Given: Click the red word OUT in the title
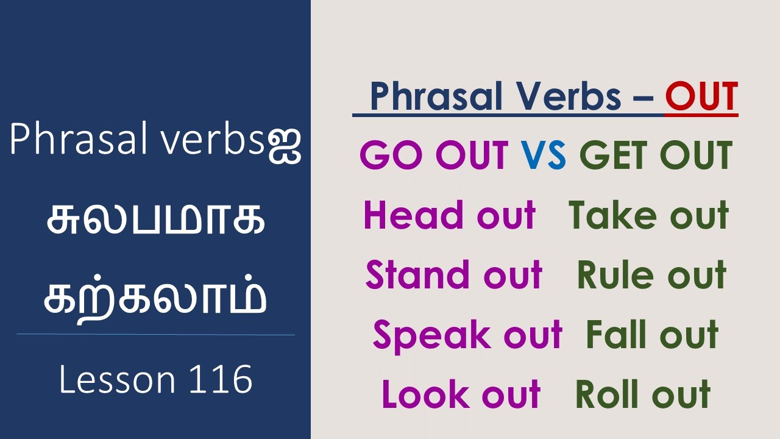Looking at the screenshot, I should point(701,97).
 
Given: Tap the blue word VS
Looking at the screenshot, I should point(544,155).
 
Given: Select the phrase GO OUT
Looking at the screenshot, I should point(434,155).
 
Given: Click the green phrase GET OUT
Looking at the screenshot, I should point(655,155).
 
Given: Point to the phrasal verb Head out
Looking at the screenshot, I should point(449,215).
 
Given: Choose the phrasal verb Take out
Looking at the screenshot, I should point(648,215).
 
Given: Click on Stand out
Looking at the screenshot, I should point(453,275).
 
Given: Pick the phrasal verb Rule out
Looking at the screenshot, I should point(651,275).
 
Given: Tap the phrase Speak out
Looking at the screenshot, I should point(467,335).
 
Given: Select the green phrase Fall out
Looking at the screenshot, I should point(652,335).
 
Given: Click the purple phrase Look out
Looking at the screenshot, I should point(461,394).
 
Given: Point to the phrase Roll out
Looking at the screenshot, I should point(643,394).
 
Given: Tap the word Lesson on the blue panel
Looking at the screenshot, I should point(116,380).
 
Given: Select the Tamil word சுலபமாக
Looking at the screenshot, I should point(155,221).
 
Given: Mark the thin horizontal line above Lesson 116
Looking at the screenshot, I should point(155,334).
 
